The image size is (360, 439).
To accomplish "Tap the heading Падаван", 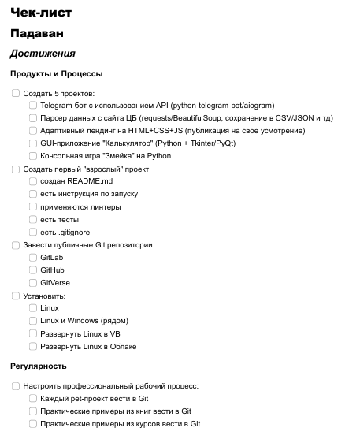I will tap(37, 34).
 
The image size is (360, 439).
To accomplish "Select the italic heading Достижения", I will tap(43, 54).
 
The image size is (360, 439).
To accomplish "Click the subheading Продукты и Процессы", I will tap(56, 74).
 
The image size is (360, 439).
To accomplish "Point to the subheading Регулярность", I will tap(39, 366).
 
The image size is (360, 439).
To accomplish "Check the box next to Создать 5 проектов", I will tap(16, 93).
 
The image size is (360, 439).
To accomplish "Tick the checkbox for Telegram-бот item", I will tap(33, 106).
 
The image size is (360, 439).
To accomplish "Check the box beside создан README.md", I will tap(33, 181).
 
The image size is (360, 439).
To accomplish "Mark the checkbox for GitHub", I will tap(33, 270).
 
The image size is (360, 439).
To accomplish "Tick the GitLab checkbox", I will tap(33, 257).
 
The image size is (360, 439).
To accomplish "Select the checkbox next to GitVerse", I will tap(33, 282).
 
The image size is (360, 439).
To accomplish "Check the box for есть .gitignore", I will tap(33, 232).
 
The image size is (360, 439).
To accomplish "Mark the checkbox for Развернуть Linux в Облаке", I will tap(33, 346).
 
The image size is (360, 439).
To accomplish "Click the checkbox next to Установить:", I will tap(16, 296).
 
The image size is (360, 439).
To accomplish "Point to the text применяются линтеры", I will tap(80, 206).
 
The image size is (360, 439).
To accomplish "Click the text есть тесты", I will tap(60, 219).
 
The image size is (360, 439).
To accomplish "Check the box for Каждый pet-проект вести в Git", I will tap(33, 399).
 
